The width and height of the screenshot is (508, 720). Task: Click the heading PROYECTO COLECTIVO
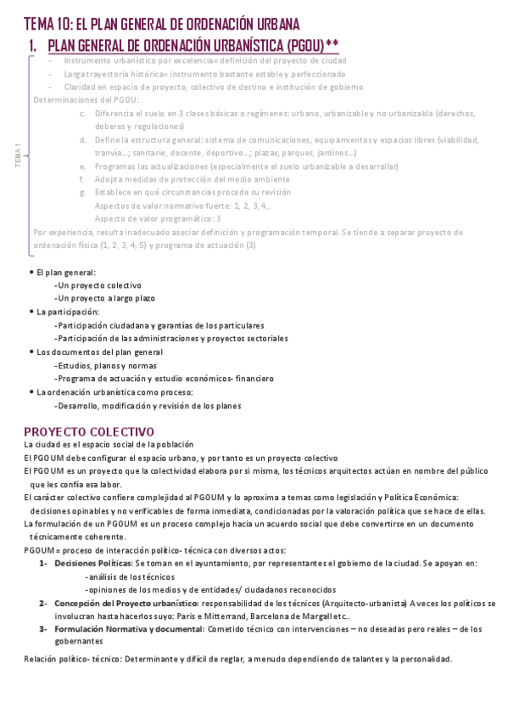coord(89,430)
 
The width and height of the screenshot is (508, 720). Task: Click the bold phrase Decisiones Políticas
coord(92,563)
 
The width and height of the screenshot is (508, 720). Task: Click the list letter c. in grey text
coord(82,113)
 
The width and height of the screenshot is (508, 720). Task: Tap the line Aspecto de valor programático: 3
coord(158,218)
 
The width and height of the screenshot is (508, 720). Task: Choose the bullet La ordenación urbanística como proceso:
coord(114,392)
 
